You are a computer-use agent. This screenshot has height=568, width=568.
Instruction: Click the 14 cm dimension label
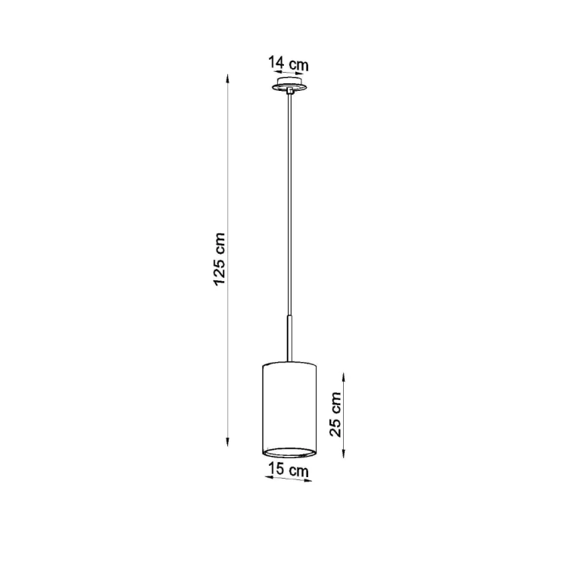[x=289, y=64]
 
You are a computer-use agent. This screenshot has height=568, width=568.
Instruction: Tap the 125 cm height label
[x=220, y=259]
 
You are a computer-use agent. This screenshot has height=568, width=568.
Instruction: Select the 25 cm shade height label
[x=335, y=414]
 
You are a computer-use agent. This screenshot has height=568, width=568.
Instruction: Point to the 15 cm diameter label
[x=289, y=470]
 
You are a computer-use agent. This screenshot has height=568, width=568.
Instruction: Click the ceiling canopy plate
[x=289, y=84]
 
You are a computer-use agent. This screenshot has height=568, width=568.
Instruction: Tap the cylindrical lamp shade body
[x=289, y=409]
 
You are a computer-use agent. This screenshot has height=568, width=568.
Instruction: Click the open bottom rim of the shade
[x=289, y=452]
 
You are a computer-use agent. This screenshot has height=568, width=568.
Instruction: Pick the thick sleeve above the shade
[x=289, y=339]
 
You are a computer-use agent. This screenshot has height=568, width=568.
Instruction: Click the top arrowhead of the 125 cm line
[x=227, y=79]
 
